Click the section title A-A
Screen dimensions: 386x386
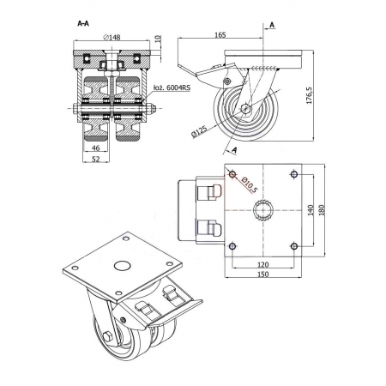point(83,23)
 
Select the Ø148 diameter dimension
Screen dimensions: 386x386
point(112,37)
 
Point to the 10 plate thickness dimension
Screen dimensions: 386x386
point(159,39)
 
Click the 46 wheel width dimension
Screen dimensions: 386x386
point(96,148)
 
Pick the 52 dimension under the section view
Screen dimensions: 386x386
point(96,159)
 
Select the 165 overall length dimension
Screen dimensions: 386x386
point(220,35)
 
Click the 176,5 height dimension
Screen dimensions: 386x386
point(310,95)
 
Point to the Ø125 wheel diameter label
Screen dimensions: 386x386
point(199,131)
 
